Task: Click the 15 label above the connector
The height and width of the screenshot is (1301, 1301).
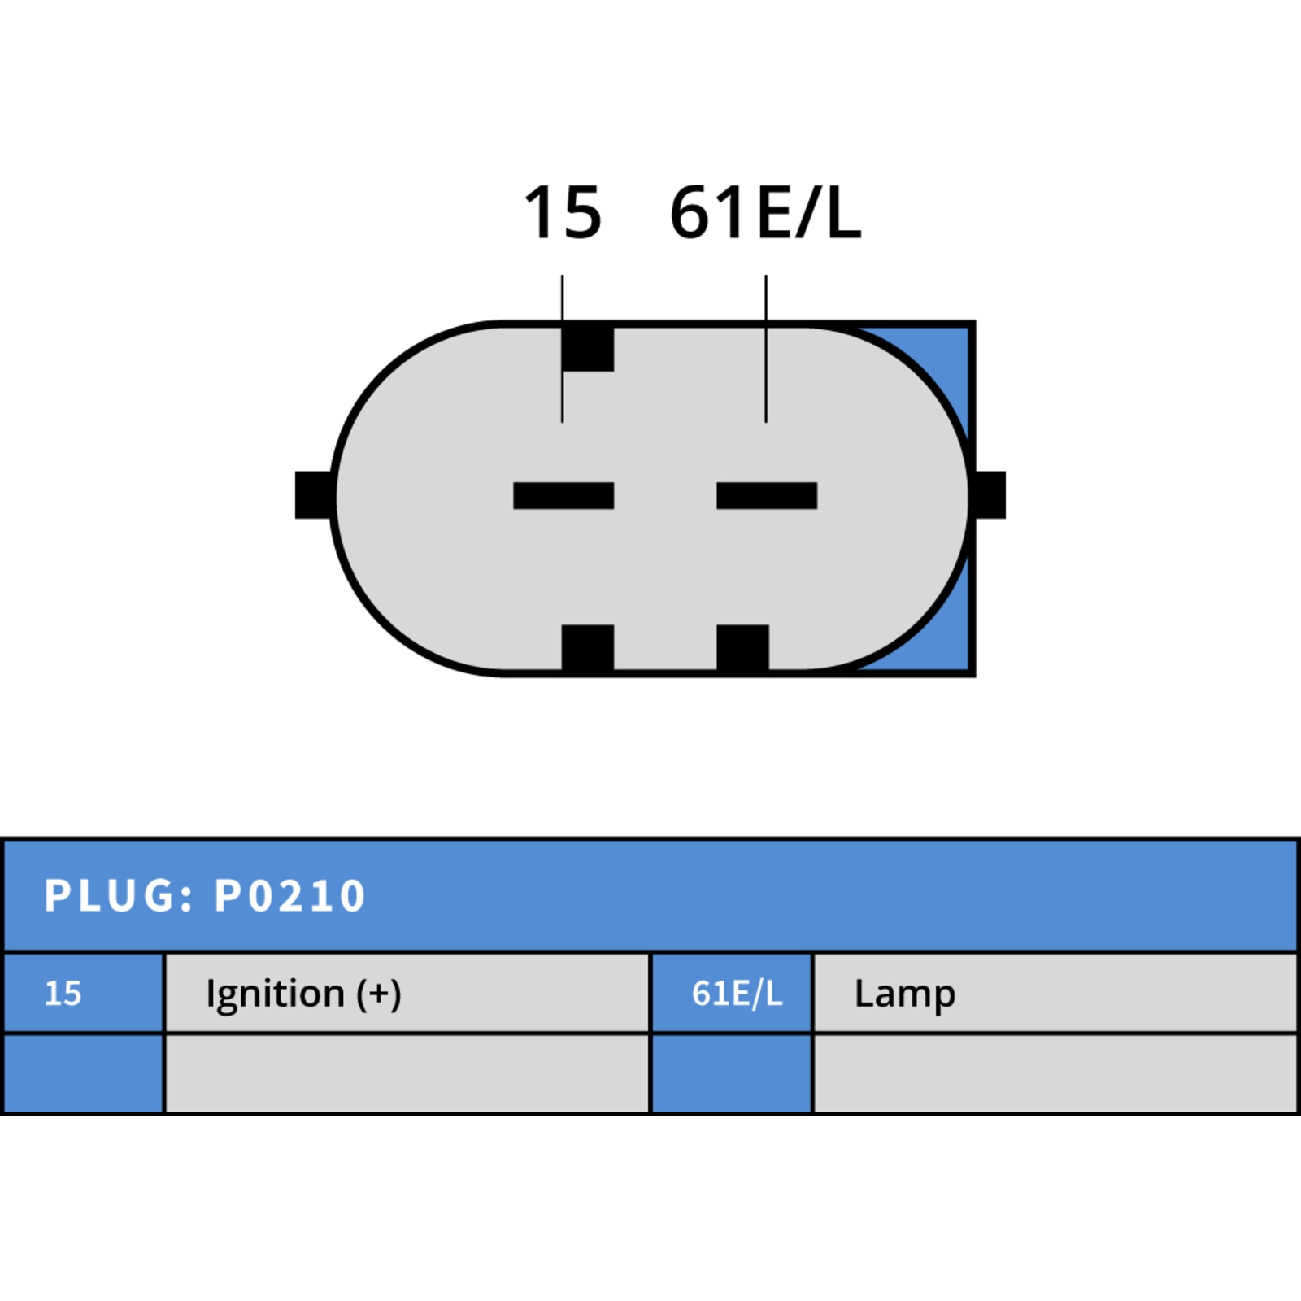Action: click(563, 212)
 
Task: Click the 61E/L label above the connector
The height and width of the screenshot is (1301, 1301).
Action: click(765, 212)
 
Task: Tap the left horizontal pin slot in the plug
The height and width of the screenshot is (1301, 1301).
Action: click(563, 495)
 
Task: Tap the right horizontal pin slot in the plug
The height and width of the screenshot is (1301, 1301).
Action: click(767, 495)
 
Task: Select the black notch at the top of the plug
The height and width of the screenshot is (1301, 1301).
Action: click(588, 347)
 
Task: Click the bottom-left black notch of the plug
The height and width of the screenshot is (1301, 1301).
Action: click(588, 649)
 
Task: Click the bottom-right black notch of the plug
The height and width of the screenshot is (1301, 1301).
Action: click(742, 649)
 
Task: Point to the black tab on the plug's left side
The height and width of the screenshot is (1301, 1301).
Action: click(314, 494)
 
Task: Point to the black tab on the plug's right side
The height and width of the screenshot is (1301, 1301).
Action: click(990, 494)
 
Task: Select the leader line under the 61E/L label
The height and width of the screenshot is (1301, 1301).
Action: click(766, 348)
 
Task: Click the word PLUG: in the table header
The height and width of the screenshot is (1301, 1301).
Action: click(120, 896)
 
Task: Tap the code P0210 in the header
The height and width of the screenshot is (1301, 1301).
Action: click(289, 896)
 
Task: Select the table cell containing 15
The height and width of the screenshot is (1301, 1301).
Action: click(83, 993)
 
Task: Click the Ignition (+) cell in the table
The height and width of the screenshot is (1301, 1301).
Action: click(407, 993)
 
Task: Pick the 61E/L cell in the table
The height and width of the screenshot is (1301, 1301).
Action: click(732, 993)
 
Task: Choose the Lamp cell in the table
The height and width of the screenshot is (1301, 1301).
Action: click(1055, 993)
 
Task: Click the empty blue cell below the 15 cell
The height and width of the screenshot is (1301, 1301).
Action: click(83, 1073)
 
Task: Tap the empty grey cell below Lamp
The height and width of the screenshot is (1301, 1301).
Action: click(1055, 1073)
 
